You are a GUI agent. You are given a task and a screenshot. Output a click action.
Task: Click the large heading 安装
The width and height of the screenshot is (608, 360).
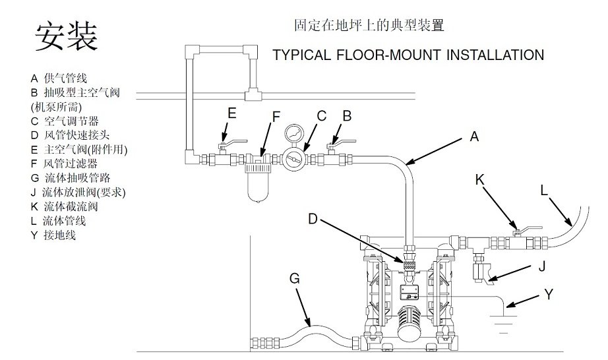click(x=67, y=38)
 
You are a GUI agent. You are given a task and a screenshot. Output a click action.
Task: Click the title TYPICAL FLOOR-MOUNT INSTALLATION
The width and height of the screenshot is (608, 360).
click(x=408, y=55)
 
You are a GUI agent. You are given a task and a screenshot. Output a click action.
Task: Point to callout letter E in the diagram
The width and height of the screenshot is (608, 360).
click(x=231, y=113)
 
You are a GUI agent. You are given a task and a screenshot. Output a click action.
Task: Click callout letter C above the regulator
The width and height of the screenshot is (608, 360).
click(x=322, y=116)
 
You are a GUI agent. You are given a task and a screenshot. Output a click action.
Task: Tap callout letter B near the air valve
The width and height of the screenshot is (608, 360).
click(x=347, y=116)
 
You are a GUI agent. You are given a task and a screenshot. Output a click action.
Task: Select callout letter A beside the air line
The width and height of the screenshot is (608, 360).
click(x=473, y=137)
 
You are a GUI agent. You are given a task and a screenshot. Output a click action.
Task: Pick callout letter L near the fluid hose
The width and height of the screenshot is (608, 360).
click(x=544, y=190)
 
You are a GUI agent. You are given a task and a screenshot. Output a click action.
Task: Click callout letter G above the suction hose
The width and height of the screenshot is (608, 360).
click(x=294, y=279)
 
